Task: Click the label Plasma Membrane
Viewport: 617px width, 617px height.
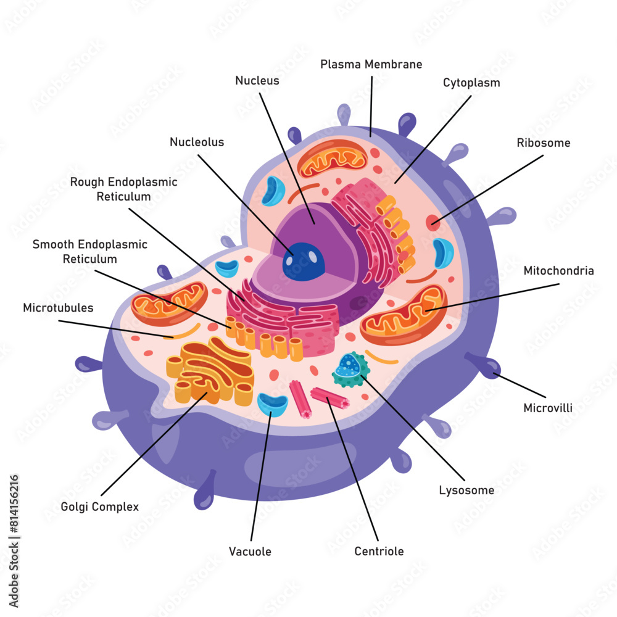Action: point(371,64)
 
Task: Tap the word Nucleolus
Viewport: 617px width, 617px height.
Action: point(197,142)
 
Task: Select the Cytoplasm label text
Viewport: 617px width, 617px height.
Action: point(471,83)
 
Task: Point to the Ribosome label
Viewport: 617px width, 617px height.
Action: point(543,143)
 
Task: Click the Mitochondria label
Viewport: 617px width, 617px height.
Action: point(558,270)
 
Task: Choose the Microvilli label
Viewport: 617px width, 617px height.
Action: point(548,407)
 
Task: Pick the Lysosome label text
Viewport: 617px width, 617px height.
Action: point(466,491)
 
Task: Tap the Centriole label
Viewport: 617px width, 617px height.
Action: point(379,551)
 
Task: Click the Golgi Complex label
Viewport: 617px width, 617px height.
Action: point(100,507)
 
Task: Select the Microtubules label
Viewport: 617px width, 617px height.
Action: point(58,307)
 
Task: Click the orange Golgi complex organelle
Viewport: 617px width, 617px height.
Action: point(210,370)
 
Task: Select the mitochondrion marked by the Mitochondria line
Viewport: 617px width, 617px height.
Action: point(404,315)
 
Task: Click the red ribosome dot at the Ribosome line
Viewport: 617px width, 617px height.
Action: point(433,223)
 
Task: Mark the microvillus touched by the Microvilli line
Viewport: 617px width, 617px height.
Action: point(487,366)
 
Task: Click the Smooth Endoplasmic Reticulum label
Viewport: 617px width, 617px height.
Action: point(89,252)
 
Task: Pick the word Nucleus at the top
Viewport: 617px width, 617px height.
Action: point(257,80)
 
